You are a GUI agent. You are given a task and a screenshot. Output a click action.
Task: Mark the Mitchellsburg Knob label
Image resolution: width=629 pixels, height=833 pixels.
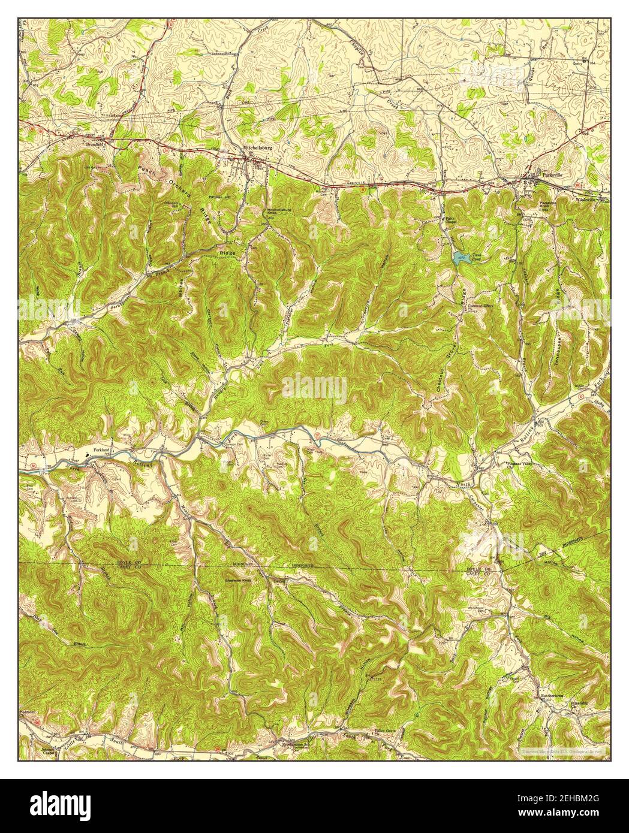[279, 212]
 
